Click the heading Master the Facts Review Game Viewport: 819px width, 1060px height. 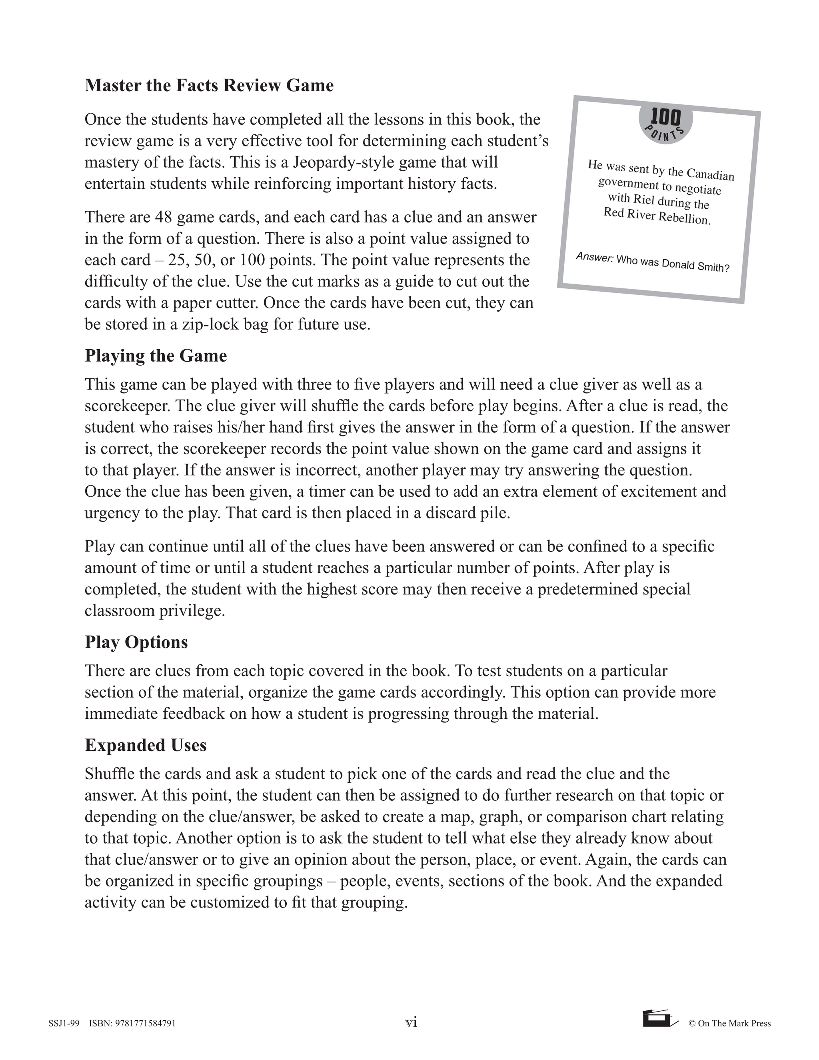coord(209,86)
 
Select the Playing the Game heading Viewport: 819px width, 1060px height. coord(156,356)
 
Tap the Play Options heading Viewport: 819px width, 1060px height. coord(136,642)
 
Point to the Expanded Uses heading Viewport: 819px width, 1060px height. coord(146,745)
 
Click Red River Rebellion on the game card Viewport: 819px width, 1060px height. coord(657,216)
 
